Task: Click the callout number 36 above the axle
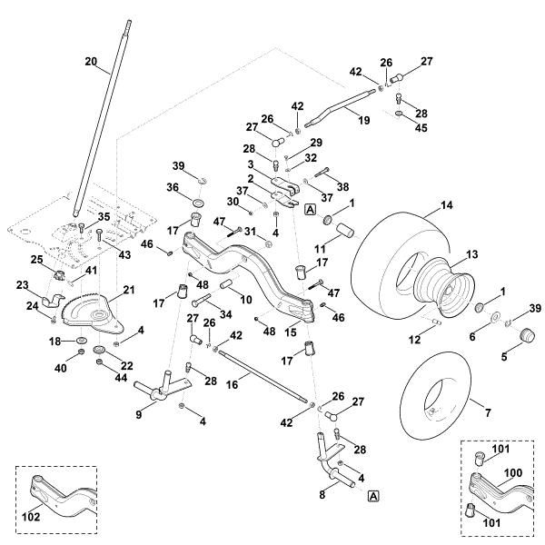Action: tap(173, 188)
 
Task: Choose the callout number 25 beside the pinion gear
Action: tap(38, 260)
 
